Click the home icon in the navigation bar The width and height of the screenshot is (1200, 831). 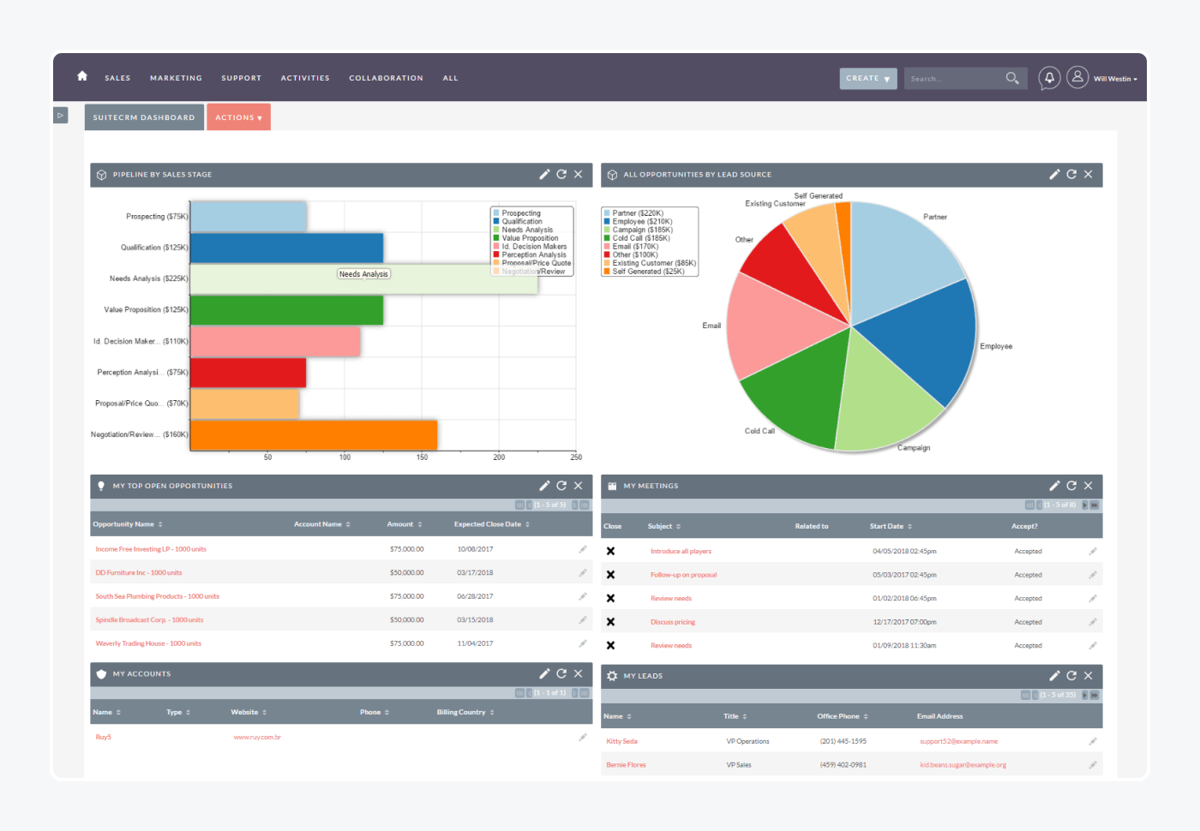click(82, 76)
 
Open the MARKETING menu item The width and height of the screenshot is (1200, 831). click(176, 78)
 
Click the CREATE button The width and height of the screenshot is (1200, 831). click(867, 78)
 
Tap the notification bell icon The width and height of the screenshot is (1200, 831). click(1048, 78)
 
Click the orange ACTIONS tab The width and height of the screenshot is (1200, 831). click(238, 117)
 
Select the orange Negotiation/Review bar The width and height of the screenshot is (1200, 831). click(313, 434)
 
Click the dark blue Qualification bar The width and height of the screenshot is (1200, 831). click(286, 248)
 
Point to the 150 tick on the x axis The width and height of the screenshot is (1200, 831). click(422, 457)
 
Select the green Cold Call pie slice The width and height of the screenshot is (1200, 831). click(797, 394)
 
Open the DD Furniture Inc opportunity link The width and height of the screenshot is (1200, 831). click(139, 573)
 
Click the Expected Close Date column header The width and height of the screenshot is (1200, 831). click(488, 524)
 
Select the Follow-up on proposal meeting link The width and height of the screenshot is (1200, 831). click(683, 575)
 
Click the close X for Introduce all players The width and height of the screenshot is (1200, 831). click(610, 552)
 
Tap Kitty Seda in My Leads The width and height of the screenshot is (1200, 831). click(621, 742)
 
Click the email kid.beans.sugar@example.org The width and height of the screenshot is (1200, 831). click(963, 765)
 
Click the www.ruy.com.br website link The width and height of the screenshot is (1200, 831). click(257, 738)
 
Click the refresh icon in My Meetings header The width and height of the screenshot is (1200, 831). click(1071, 486)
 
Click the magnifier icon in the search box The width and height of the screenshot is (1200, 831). click(1011, 79)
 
